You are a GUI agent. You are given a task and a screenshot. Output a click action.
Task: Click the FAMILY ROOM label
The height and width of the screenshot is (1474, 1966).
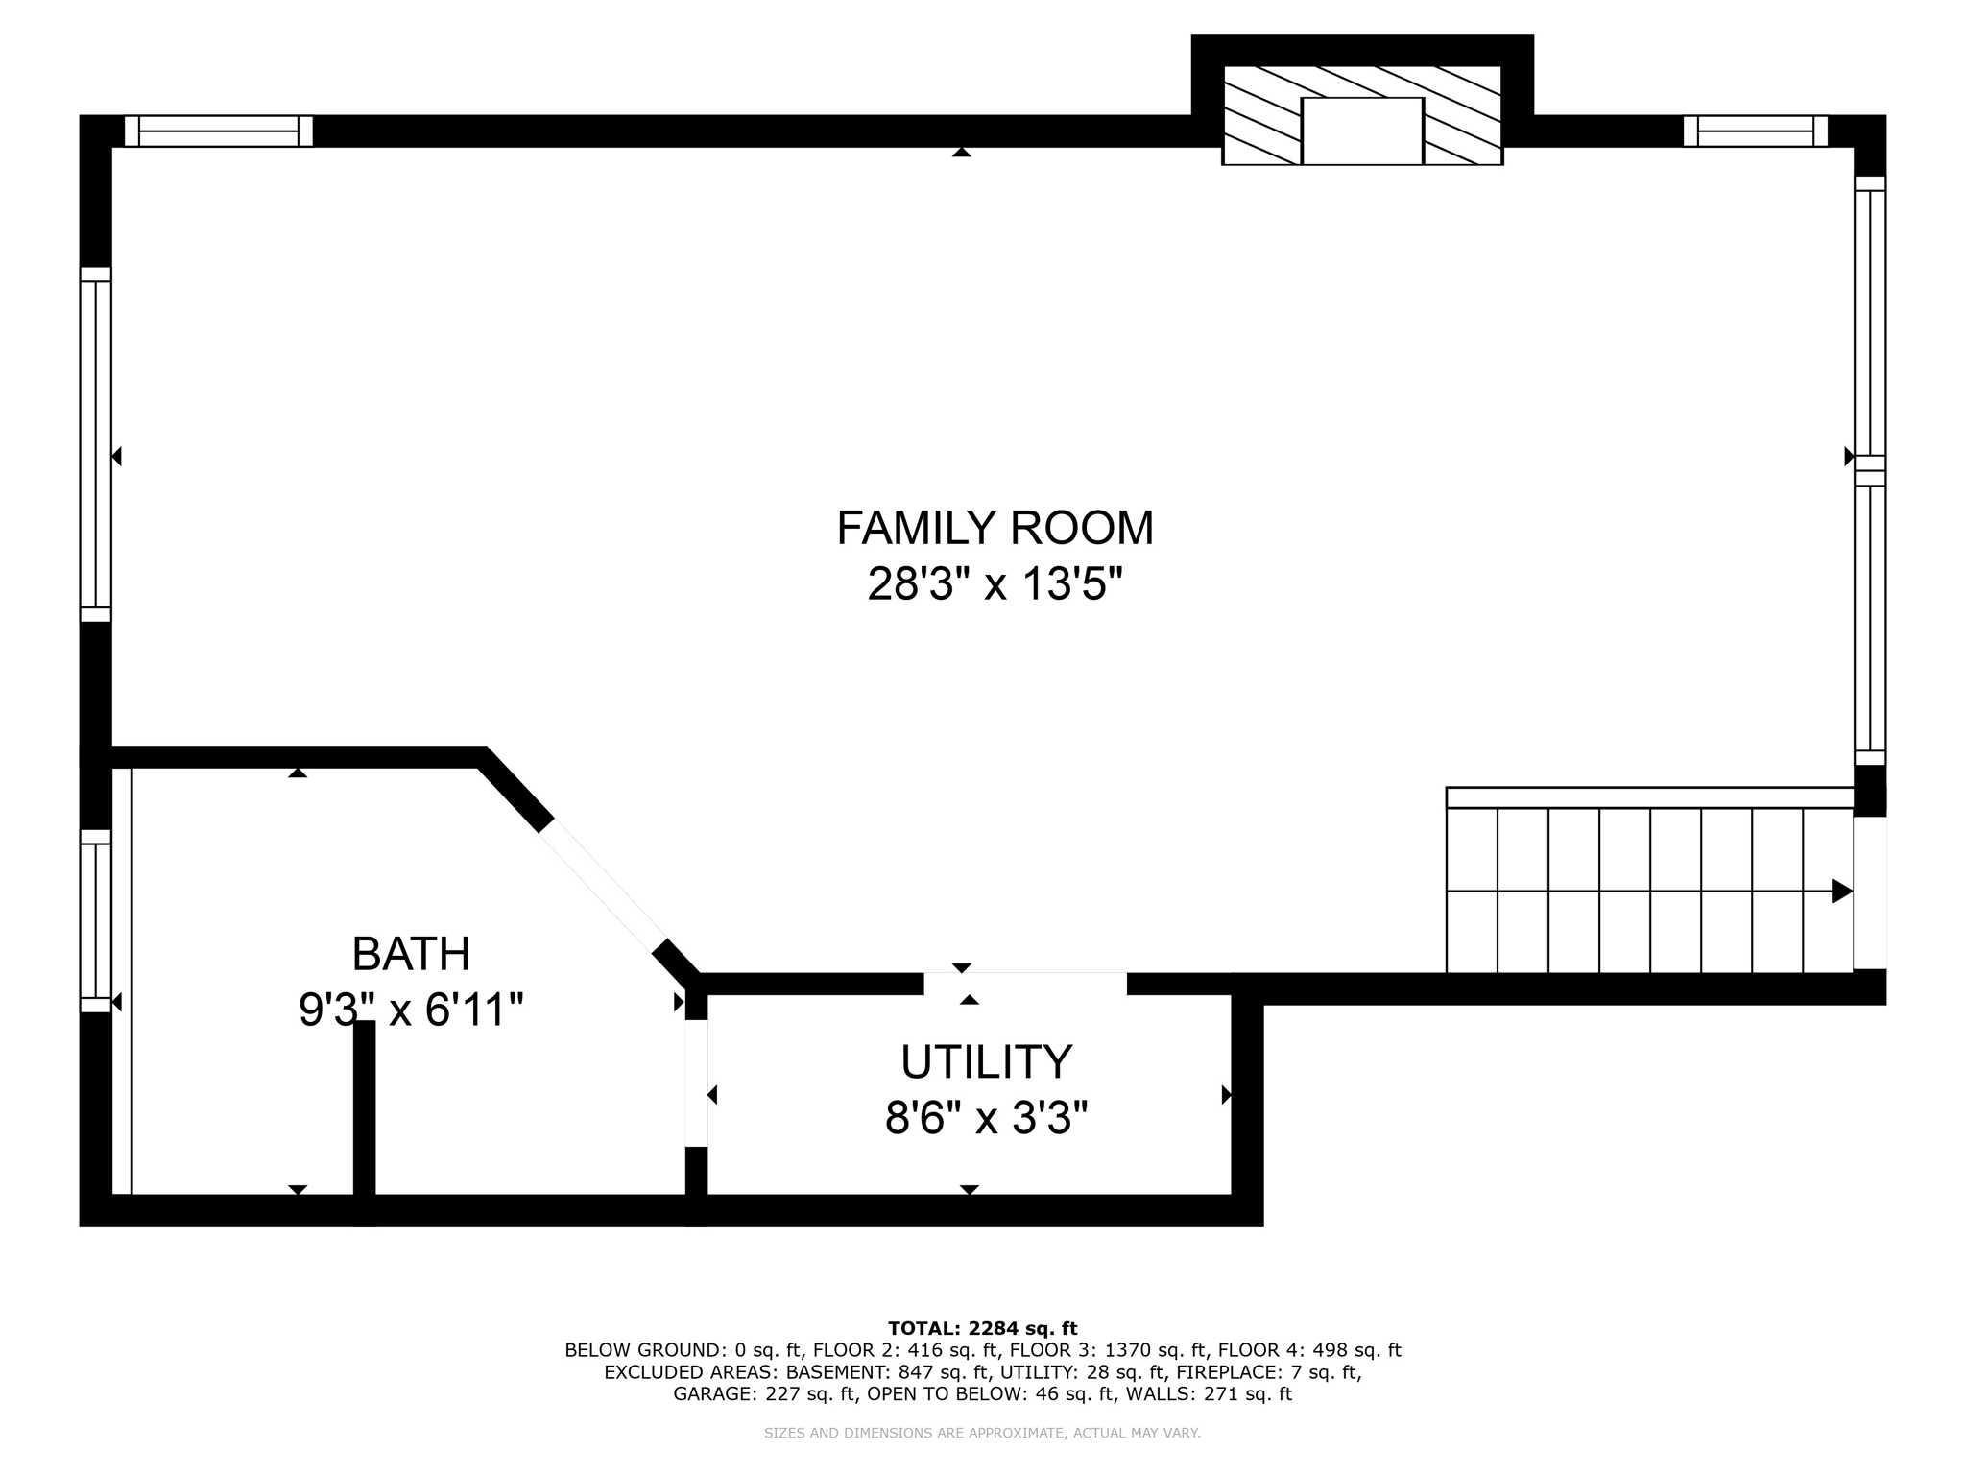pyautogui.click(x=995, y=528)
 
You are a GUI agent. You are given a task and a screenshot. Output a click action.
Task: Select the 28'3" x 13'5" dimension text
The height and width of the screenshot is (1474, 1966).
pyautogui.click(x=995, y=584)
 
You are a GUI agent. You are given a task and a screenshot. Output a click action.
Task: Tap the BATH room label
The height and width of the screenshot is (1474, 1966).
pyautogui.click(x=411, y=954)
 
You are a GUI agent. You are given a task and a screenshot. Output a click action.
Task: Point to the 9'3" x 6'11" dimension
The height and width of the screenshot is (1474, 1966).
pyautogui.click(x=411, y=1010)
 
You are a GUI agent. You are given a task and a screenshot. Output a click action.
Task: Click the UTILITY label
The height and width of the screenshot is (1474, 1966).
pyautogui.click(x=986, y=1061)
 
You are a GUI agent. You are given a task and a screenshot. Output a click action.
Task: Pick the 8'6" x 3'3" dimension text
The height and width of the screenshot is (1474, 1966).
pyautogui.click(x=986, y=1118)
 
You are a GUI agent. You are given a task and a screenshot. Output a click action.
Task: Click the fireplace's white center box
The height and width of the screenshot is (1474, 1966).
pyautogui.click(x=1361, y=131)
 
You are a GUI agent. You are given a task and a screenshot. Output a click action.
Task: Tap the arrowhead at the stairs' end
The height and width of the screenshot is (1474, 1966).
pyautogui.click(x=1840, y=891)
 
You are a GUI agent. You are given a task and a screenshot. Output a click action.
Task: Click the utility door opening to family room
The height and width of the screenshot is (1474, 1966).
pyautogui.click(x=1024, y=984)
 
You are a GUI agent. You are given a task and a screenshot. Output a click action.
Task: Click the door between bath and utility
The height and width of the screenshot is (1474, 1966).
pyautogui.click(x=696, y=1082)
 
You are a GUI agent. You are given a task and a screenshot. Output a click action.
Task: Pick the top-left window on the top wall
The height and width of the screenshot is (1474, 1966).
pyautogui.click(x=219, y=131)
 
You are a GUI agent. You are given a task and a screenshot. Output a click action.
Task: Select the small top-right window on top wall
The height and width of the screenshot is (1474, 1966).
pyautogui.click(x=1755, y=131)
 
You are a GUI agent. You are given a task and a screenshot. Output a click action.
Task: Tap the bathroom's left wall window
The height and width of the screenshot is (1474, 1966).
pyautogui.click(x=95, y=920)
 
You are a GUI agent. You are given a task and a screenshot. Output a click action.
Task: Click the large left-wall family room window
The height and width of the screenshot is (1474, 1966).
pyautogui.click(x=95, y=444)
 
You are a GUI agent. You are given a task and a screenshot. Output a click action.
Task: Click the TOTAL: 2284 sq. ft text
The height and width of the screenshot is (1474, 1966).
pyautogui.click(x=982, y=1329)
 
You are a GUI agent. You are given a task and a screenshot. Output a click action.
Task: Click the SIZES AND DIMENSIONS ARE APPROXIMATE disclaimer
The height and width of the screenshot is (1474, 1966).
pyautogui.click(x=982, y=1433)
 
